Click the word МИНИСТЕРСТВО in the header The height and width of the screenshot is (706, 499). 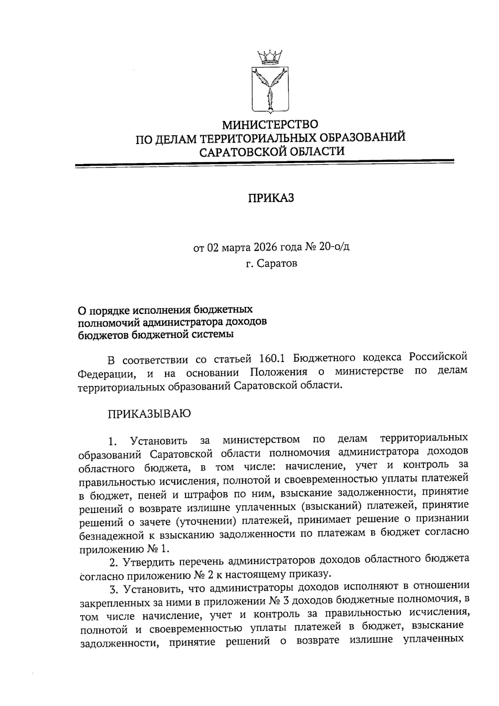pyautogui.click(x=270, y=124)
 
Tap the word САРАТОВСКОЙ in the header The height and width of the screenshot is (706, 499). pyautogui.click(x=242, y=151)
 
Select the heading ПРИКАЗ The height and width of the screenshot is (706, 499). pyautogui.click(x=271, y=198)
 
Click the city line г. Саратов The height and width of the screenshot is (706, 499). pyautogui.click(x=271, y=264)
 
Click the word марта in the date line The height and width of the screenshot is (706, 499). pyautogui.click(x=235, y=248)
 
